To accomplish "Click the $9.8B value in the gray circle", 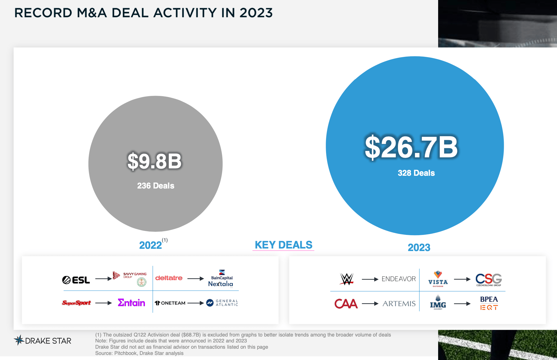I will (155, 161).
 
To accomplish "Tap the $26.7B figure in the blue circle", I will (411, 147).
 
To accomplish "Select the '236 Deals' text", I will (156, 186).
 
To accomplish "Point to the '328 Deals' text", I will (416, 173).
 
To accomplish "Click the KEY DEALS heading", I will (283, 245).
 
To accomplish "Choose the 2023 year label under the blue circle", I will (419, 248).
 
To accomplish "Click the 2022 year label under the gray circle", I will (151, 245).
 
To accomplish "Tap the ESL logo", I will (76, 280).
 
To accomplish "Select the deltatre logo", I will (169, 278).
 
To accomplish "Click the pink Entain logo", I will (131, 303).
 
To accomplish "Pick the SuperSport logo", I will (76, 303).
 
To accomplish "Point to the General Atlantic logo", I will (222, 303).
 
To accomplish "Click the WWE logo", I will (347, 279).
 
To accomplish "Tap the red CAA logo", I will (346, 304).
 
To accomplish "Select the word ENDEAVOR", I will (399, 279).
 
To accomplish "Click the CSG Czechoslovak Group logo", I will (489, 279).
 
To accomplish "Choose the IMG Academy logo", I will (438, 303).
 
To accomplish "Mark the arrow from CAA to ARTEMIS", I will (370, 304).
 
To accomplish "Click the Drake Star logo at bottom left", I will (43, 340).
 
